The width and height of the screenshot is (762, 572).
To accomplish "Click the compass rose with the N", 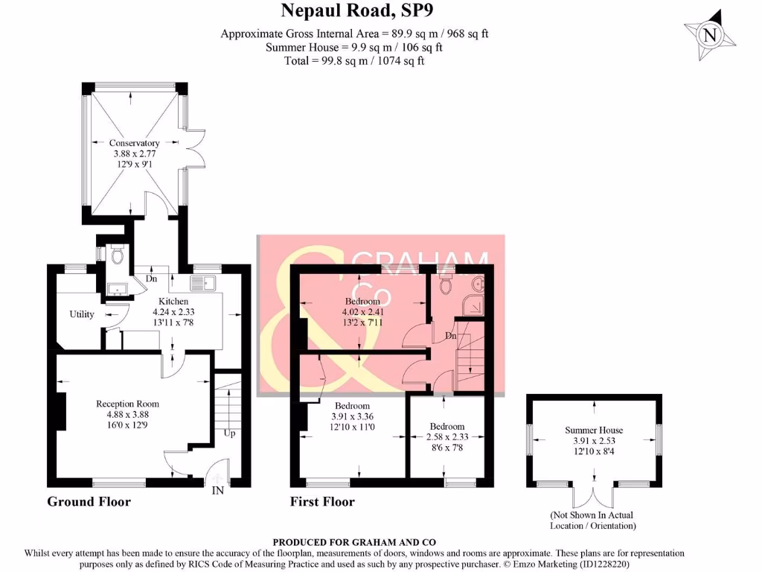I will [x=710, y=34].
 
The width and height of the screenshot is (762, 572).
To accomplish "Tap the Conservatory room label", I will [x=135, y=143].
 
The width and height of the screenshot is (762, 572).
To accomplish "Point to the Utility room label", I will [x=82, y=314].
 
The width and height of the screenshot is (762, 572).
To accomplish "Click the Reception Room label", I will [x=127, y=404].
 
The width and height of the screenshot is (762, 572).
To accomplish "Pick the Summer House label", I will [x=594, y=430].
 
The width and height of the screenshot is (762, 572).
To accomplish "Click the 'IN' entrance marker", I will [x=218, y=490].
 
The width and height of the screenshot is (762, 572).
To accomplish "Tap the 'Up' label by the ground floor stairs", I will [x=230, y=433].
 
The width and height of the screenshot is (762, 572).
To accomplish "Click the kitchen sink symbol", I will [x=202, y=283].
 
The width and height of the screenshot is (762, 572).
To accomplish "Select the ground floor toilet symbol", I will [x=116, y=256].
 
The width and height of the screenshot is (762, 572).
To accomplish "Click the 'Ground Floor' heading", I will [x=89, y=502].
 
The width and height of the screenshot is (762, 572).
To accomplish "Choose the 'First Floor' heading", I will [x=322, y=502].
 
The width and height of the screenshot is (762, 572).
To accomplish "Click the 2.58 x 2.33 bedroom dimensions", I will [x=447, y=437].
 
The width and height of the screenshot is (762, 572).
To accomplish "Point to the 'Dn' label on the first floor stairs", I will [x=450, y=336].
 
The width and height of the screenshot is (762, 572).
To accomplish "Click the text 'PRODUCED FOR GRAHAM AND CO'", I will [x=354, y=542].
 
